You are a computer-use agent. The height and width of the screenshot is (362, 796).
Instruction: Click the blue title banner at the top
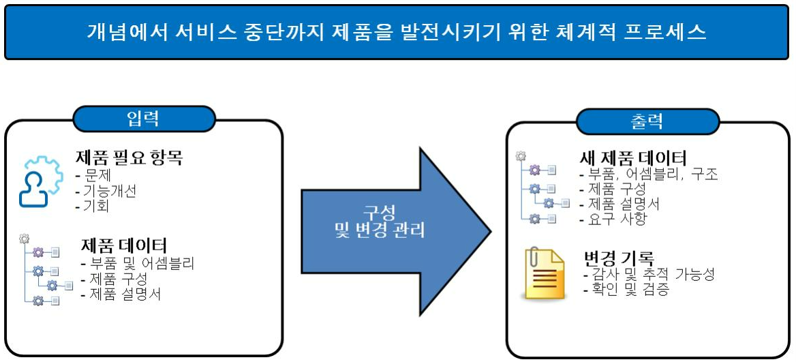pyautogui.click(x=397, y=32)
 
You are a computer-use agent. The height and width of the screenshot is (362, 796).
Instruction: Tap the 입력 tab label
pyautogui.click(x=143, y=119)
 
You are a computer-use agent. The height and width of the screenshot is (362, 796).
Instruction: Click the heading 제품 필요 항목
pyautogui.click(x=129, y=159)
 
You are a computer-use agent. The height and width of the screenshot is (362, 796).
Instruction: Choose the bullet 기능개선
pyautogui.click(x=107, y=191)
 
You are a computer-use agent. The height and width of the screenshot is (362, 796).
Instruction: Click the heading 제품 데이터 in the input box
pyautogui.click(x=123, y=245)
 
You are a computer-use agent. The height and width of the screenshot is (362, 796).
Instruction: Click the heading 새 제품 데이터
pyautogui.click(x=632, y=157)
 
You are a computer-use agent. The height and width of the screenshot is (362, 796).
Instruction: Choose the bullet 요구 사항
pyautogui.click(x=611, y=219)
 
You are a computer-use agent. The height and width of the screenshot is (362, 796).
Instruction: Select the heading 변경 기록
pyautogui.click(x=619, y=259)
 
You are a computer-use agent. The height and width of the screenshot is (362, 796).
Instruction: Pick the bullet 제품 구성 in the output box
pyautogui.click(x=611, y=189)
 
